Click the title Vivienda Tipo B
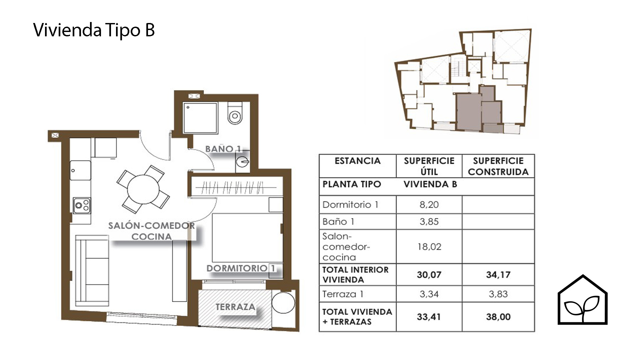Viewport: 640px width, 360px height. pos(94,30)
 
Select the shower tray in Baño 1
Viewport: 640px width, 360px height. pos(200,118)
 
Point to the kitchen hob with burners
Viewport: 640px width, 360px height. pos(82,206)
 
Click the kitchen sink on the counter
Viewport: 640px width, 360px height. pos(80,171)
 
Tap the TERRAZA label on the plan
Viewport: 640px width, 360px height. pos(235,307)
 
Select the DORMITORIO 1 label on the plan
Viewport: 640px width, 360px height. pos(241,268)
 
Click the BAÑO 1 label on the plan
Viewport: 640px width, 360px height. pos(223,149)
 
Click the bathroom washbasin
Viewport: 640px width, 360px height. pos(243,162)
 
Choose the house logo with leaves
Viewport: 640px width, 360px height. pos(583,300)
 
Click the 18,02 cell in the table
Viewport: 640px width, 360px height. pos(429,247)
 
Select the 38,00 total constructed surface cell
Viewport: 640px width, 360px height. pos(498,317)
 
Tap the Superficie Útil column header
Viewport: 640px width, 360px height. pos(429,166)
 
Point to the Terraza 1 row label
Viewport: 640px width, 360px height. pos(343,294)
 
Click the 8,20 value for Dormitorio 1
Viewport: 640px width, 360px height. pos(429,205)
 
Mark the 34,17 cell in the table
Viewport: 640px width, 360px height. pos(498,275)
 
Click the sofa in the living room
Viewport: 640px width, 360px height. pos(92,270)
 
